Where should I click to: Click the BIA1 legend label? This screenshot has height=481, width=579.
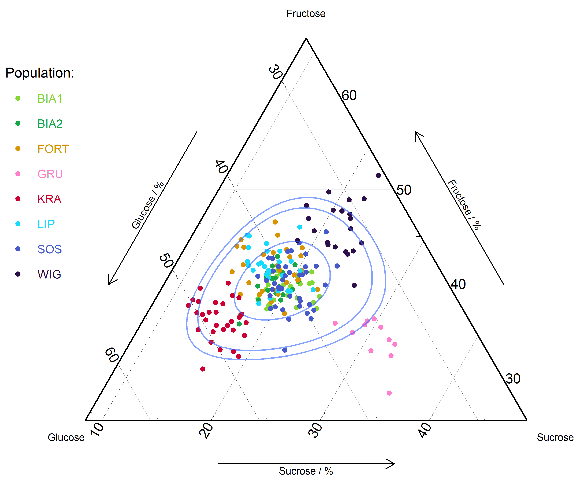click(x=50, y=99)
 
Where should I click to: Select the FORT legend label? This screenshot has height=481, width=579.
click(x=53, y=149)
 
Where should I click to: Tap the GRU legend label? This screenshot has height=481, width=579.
click(x=50, y=174)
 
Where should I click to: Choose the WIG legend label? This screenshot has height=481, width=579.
click(x=49, y=274)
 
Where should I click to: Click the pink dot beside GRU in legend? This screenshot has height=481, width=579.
click(x=18, y=174)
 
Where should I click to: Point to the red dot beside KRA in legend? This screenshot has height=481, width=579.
click(x=18, y=199)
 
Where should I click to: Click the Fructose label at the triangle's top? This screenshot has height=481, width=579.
click(x=306, y=13)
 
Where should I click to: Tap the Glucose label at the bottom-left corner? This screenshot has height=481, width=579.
click(x=66, y=438)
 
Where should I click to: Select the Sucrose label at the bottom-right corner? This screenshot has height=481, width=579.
click(x=555, y=438)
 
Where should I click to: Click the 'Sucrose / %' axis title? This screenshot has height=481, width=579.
click(x=306, y=471)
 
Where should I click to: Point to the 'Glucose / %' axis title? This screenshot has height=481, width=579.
click(x=148, y=205)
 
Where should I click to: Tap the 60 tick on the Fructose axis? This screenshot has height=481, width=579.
click(x=349, y=95)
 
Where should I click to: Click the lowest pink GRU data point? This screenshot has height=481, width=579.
click(x=389, y=393)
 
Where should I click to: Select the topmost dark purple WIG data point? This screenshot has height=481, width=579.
click(x=378, y=175)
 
